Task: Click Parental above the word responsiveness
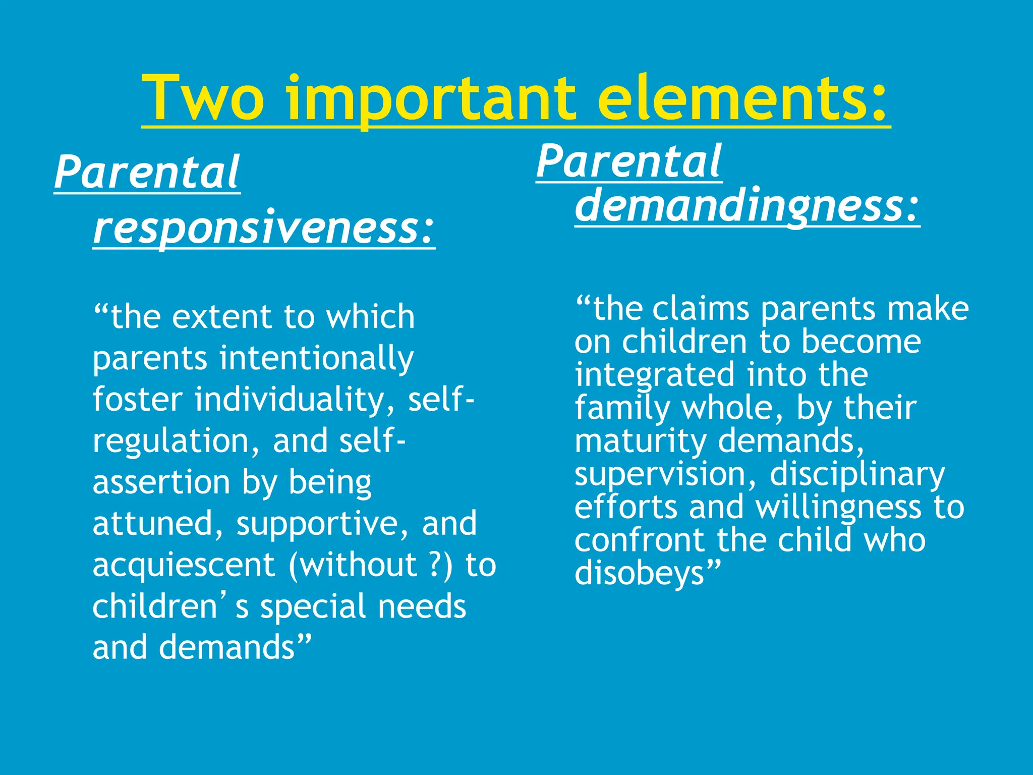(x=147, y=173)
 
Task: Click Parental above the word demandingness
(x=629, y=161)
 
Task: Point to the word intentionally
(x=316, y=359)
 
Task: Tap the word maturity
(x=641, y=441)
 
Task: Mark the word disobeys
(x=640, y=574)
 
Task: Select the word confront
(x=640, y=540)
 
